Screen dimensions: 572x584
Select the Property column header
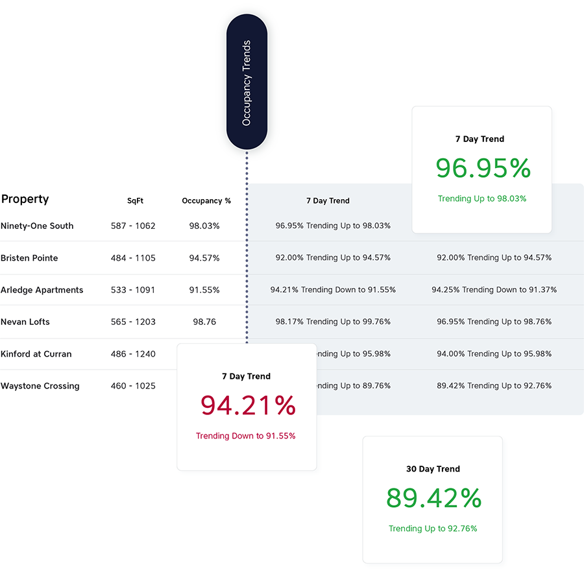tap(25, 199)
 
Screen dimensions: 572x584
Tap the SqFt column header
tap(135, 201)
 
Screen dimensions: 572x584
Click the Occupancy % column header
tap(206, 201)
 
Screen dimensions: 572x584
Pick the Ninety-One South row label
tap(37, 226)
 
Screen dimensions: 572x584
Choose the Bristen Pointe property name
tap(29, 257)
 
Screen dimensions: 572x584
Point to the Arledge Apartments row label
tap(42, 290)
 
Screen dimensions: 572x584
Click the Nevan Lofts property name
tap(25, 322)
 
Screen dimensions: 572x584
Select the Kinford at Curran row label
tap(36, 354)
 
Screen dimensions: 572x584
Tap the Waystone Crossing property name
tap(40, 386)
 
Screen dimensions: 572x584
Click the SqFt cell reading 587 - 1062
tap(133, 226)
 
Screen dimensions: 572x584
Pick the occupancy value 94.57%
tap(204, 257)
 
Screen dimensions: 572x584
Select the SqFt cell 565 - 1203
tap(133, 322)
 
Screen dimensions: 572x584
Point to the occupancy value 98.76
tap(202, 322)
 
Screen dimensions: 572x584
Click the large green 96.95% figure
tap(483, 169)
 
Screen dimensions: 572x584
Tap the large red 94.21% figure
tap(248, 405)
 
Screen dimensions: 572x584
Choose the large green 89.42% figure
tap(433, 498)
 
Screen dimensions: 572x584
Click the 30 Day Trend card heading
tap(433, 469)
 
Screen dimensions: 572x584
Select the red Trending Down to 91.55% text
tap(246, 436)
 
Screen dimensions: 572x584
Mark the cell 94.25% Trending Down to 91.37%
tap(494, 290)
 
